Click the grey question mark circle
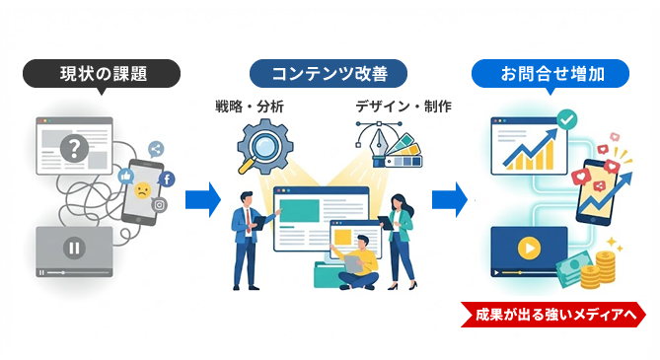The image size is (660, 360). coord(72,149)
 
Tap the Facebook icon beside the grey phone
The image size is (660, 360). coord(167,180)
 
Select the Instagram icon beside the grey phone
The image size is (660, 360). coord(160,205)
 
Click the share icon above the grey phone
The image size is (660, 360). coord(157,149)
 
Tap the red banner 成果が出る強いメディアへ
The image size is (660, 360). coord(554,316)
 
